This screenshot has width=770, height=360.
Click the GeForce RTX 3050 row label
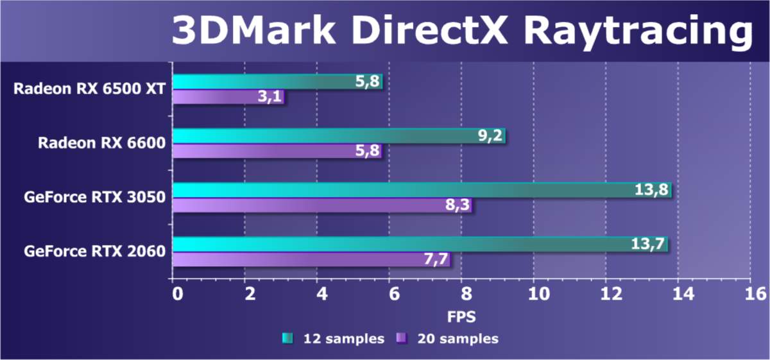point(94,197)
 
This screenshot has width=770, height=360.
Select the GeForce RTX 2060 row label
point(94,251)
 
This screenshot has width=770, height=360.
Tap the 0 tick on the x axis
point(176,293)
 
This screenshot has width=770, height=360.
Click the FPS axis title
point(462,316)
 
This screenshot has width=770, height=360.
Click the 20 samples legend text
point(458,338)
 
